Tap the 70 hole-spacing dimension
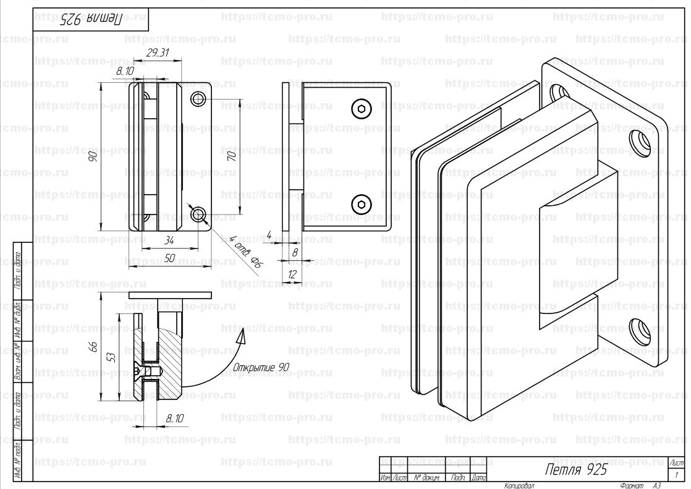(x=232, y=157)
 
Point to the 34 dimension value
(x=169, y=240)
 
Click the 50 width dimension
(x=169, y=258)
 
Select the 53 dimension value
(x=110, y=357)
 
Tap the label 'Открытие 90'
(x=261, y=367)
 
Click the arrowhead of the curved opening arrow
(x=242, y=335)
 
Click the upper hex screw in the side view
(x=362, y=109)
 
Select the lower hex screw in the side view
(x=362, y=203)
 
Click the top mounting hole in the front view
(x=198, y=99)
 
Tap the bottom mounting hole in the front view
(x=198, y=215)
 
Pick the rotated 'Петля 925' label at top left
(x=91, y=19)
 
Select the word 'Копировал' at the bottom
(x=519, y=485)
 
